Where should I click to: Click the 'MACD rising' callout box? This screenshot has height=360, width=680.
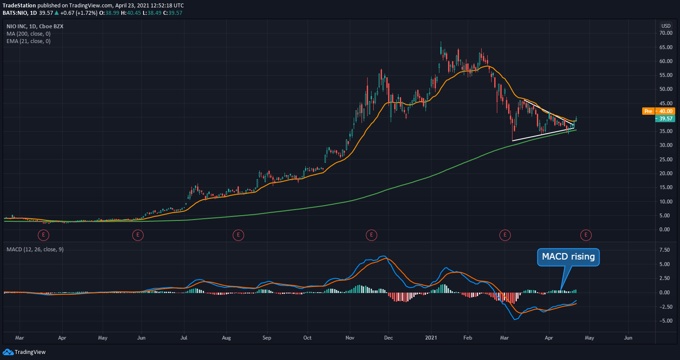568,257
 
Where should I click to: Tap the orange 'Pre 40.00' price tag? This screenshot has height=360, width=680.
658,111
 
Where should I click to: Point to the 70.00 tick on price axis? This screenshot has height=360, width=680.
666,33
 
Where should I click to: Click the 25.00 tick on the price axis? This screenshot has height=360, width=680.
666,160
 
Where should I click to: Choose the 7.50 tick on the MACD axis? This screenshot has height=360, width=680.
664,250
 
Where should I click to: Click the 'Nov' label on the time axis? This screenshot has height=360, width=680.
350,338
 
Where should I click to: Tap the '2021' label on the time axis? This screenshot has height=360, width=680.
431,338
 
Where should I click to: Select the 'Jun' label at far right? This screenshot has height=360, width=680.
628,338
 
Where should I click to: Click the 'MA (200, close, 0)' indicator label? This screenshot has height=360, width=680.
28,34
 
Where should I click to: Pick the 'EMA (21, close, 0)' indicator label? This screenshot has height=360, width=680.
28,41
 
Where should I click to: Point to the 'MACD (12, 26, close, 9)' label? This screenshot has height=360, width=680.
35,250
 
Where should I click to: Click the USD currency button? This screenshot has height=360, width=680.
666,26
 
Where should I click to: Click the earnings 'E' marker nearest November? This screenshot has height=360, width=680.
371,235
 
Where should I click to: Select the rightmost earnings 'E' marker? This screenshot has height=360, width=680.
586,235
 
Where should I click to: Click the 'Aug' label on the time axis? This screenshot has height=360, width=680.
226,338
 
